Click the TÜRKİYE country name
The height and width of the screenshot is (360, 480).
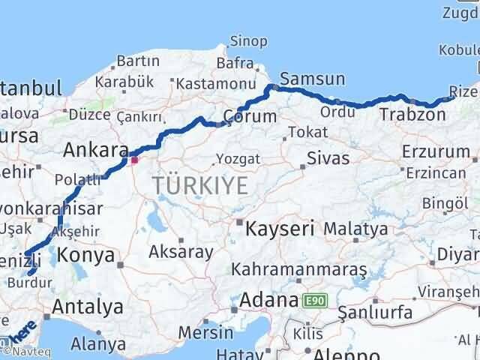(199, 185)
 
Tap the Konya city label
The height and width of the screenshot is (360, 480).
(86, 255)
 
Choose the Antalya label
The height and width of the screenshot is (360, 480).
(88, 306)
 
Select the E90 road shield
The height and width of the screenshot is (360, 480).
(315, 301)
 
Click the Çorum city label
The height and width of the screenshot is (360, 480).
(250, 116)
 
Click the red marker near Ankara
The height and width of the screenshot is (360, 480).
(134, 159)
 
